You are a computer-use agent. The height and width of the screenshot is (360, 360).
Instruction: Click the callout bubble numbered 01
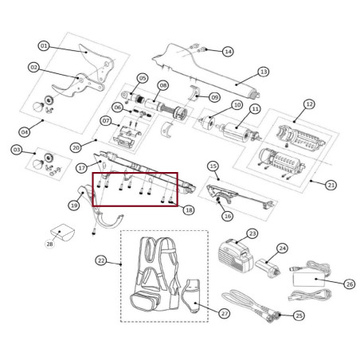pyautogui.click(x=44, y=46)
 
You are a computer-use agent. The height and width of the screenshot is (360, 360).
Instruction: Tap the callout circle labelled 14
pyautogui.click(x=228, y=51)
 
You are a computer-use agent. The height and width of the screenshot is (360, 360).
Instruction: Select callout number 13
pyautogui.click(x=264, y=72)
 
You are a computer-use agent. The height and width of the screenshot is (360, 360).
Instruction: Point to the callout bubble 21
pyautogui.click(x=331, y=185)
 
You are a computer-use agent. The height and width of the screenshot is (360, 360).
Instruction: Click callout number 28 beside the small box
pyautogui.click(x=49, y=244)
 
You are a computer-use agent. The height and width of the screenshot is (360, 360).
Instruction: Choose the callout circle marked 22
pyautogui.click(x=101, y=260)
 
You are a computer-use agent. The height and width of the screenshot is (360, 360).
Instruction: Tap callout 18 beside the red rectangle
pyautogui.click(x=189, y=210)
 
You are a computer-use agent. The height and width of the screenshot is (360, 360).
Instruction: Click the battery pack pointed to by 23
pyautogui.click(x=235, y=255)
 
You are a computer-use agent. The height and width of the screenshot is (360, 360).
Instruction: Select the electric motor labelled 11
pyautogui.click(x=237, y=131)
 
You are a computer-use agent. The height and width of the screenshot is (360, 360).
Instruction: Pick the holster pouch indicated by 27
pyautogui.click(x=192, y=295)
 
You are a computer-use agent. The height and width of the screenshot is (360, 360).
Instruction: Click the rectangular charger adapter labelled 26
pyautogui.click(x=309, y=280)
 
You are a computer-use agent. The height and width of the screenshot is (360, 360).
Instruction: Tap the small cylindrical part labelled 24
pyautogui.click(x=267, y=268)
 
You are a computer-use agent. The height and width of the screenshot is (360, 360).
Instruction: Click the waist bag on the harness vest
pyautogui.click(x=145, y=301)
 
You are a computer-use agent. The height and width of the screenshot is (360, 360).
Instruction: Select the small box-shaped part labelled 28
pyautogui.click(x=63, y=233)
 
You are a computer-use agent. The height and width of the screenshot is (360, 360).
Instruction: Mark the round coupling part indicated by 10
pyautogui.click(x=208, y=122)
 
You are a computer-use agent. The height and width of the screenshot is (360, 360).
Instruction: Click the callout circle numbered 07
pyautogui.click(x=106, y=121)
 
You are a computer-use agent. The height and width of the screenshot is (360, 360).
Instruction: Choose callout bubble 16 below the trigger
pyautogui.click(x=228, y=216)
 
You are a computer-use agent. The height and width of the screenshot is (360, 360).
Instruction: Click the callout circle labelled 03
pyautogui.click(x=17, y=150)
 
